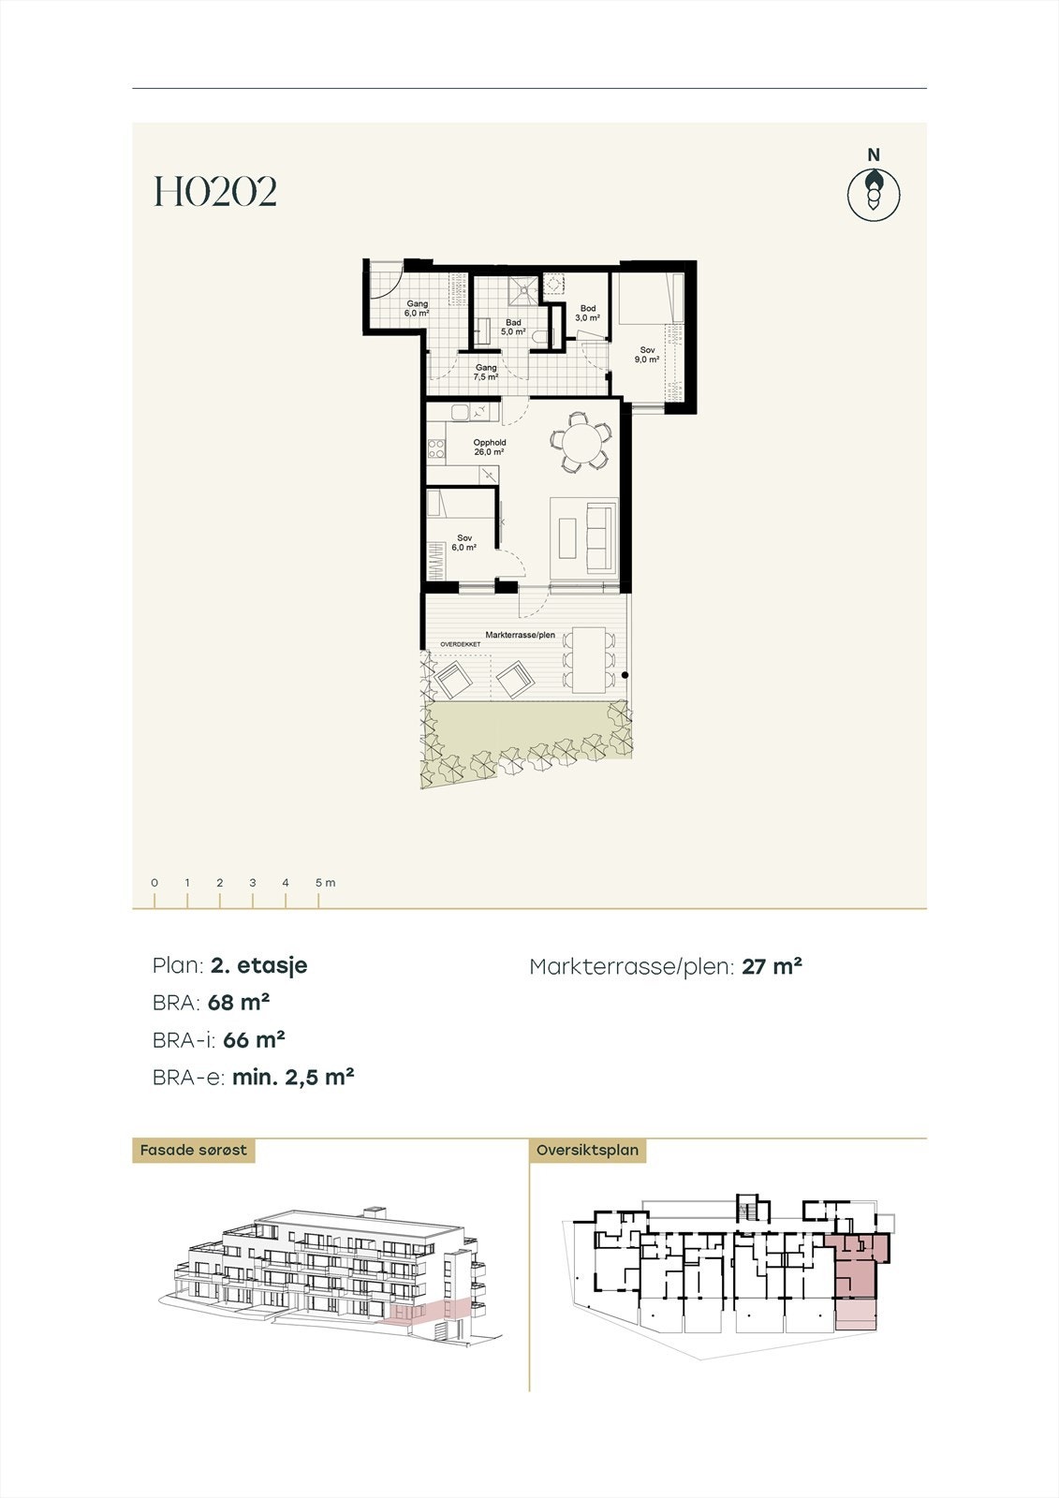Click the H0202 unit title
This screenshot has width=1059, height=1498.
click(x=215, y=192)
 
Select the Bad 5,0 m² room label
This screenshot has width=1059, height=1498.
click(x=512, y=327)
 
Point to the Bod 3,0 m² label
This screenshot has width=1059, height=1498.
click(x=587, y=313)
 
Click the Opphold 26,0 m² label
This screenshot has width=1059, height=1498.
click(x=489, y=448)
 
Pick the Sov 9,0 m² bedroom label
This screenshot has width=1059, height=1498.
click(x=647, y=355)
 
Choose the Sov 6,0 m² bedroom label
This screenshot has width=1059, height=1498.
click(x=464, y=543)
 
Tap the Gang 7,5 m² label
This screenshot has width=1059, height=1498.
click(x=485, y=373)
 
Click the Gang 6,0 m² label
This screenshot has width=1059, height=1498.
click(x=417, y=309)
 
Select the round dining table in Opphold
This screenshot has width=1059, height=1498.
click(x=581, y=442)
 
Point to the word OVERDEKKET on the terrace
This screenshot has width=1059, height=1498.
click(x=461, y=645)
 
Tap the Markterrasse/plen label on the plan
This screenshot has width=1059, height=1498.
click(x=520, y=635)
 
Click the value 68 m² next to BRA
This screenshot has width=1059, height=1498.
click(x=239, y=1002)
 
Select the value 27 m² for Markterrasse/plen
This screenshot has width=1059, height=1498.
click(x=772, y=966)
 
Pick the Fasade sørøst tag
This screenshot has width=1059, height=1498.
click(x=193, y=1150)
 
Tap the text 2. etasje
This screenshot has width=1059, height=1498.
click(x=259, y=965)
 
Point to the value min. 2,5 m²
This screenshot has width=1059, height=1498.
click(x=293, y=1077)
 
